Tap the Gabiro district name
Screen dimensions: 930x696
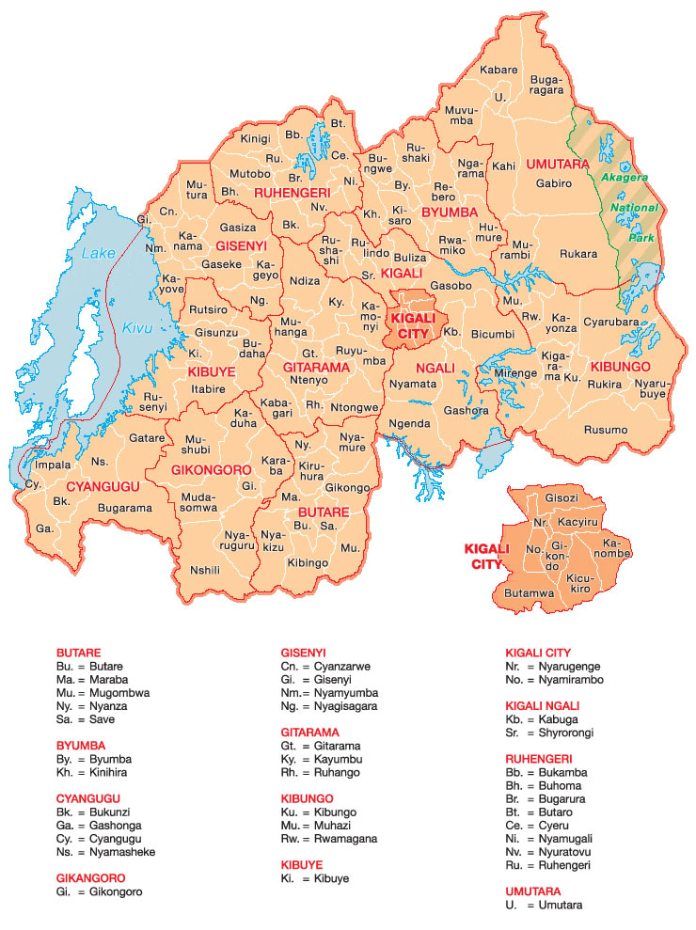point(554,183)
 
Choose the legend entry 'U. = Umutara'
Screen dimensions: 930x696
point(544,905)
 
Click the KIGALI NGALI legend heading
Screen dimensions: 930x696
point(543,705)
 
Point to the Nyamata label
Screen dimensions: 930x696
point(413,384)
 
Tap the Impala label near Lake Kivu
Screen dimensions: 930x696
point(53,465)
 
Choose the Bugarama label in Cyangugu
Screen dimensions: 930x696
point(125,508)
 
